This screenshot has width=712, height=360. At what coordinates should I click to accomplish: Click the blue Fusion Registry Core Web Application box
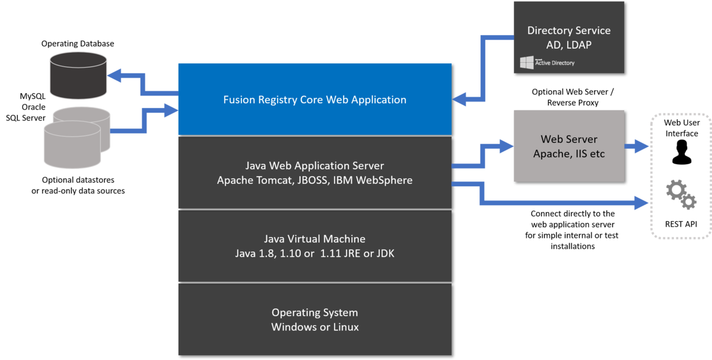[x=314, y=99]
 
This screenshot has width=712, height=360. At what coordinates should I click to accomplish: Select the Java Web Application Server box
[x=314, y=172]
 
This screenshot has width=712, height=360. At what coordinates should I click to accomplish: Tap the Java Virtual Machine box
[x=314, y=246]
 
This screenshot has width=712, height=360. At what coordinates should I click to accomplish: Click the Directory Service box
[x=568, y=37]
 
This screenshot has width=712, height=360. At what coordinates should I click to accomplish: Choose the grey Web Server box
[x=568, y=146]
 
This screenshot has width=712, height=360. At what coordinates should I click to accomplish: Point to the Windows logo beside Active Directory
[x=526, y=63]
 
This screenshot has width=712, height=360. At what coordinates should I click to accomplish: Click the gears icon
[x=681, y=195]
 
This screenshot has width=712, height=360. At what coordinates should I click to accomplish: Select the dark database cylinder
[x=78, y=75]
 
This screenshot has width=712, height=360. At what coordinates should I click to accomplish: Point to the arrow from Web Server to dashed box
[x=638, y=146]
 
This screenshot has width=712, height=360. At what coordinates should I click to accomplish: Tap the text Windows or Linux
[x=314, y=327]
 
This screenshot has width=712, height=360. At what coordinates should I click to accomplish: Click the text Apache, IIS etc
[x=568, y=154]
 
